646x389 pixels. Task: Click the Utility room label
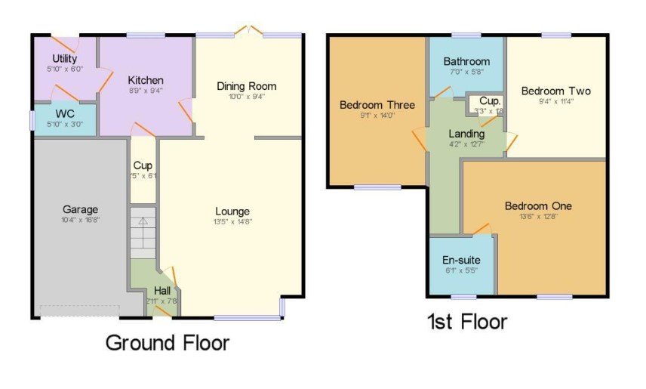pyautogui.click(x=64, y=59)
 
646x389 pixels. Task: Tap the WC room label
pyautogui.click(x=63, y=115)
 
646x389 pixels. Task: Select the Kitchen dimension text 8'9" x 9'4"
pyautogui.click(x=146, y=91)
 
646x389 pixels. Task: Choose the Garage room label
pyautogui.click(x=80, y=209)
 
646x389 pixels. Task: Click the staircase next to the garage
pyautogui.click(x=143, y=235)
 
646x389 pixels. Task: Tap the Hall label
pyautogui.click(x=162, y=290)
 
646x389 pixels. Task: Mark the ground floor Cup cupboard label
pyautogui.click(x=143, y=165)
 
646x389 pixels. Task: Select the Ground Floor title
pyautogui.click(x=167, y=343)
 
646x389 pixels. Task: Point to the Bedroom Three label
pyautogui.click(x=377, y=105)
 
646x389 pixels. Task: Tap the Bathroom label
pyautogui.click(x=466, y=61)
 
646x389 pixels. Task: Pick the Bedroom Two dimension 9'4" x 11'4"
pyautogui.click(x=557, y=102)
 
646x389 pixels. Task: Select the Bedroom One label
pyautogui.click(x=538, y=205)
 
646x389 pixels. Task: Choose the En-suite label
pyautogui.click(x=460, y=260)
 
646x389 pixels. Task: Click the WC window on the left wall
pyautogui.click(x=32, y=120)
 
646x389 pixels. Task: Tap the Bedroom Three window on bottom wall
pyautogui.click(x=378, y=187)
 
